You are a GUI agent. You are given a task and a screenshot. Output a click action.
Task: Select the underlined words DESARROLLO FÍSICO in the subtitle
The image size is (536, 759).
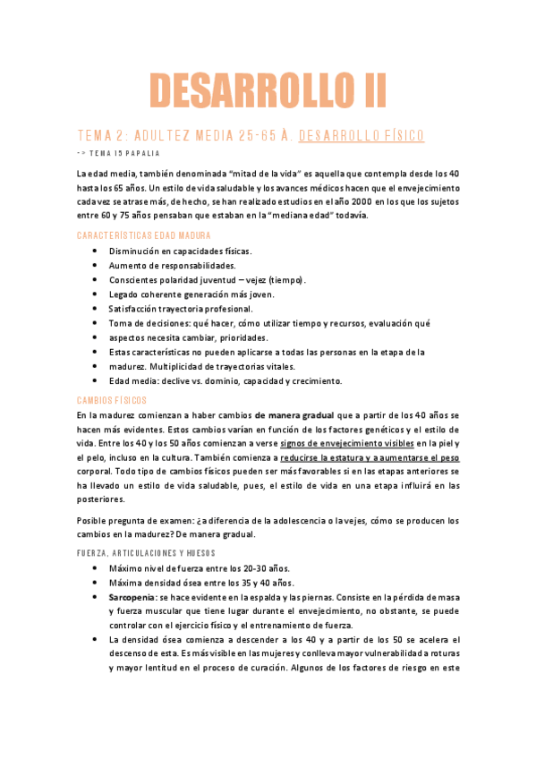[x=361, y=136]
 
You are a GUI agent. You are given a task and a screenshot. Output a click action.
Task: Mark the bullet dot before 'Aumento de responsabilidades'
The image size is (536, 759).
[x=96, y=266]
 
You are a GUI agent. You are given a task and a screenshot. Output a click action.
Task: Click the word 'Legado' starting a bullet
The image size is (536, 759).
[x=123, y=294]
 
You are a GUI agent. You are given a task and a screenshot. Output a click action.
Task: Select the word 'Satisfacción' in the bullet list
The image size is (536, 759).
[x=136, y=309]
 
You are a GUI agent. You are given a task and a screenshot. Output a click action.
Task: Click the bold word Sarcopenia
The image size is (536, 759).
[x=131, y=596]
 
